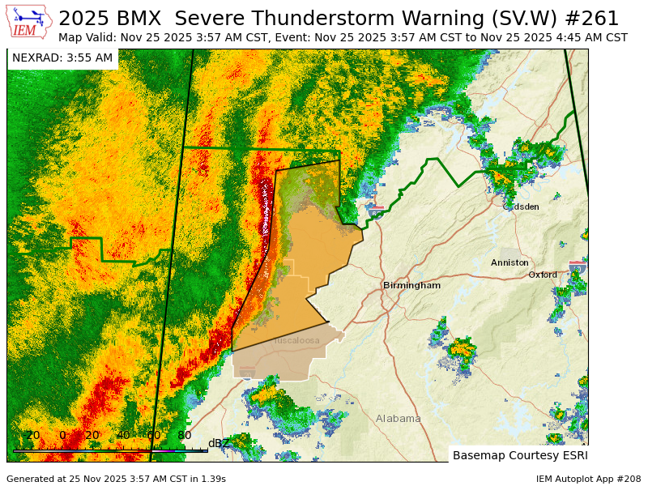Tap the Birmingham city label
click(411, 285)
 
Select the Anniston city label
click(509, 262)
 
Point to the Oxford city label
click(543, 275)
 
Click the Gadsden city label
click(521, 207)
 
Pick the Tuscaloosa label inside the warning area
click(296, 340)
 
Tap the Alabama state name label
click(398, 419)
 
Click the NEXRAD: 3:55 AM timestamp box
click(62, 58)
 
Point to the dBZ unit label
click(219, 443)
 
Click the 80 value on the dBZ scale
click(184, 435)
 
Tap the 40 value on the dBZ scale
click(123, 435)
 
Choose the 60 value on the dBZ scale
click(153, 435)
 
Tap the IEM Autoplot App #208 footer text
click(588, 479)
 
